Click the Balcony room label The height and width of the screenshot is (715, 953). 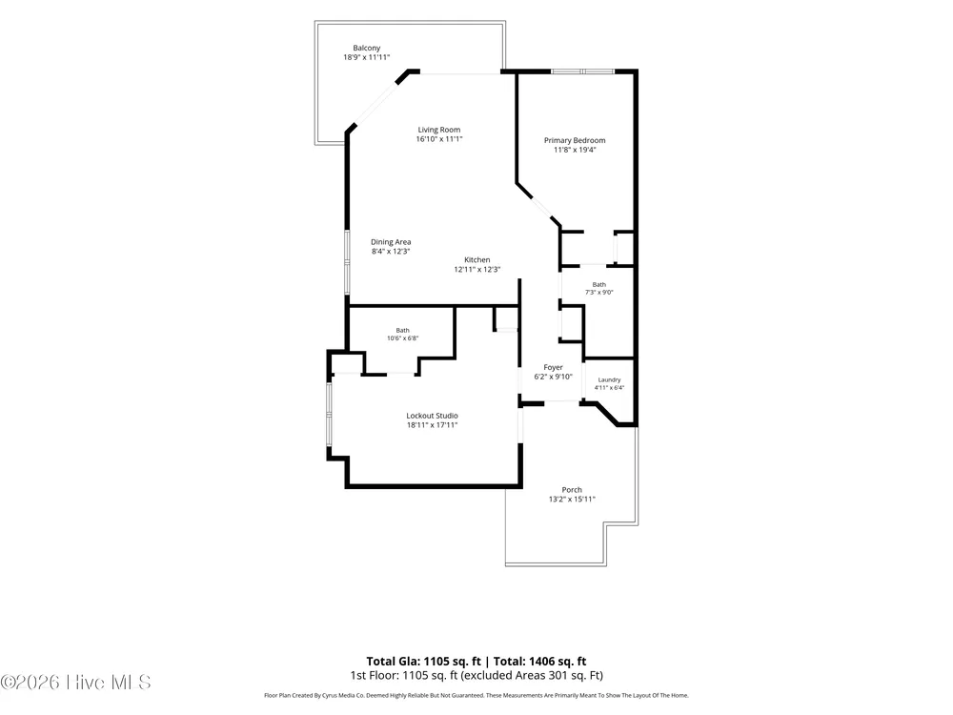[367, 48]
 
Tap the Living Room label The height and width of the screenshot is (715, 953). [438, 130]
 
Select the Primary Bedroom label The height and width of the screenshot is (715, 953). [575, 140]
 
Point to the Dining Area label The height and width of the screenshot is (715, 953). [391, 242]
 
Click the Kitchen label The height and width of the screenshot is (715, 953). [477, 259]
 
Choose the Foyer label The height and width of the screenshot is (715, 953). [553, 367]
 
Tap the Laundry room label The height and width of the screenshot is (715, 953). [609, 380]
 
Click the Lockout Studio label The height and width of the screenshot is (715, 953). [432, 416]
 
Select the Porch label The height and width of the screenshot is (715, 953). [572, 490]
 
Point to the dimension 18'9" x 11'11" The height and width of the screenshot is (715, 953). [367, 58]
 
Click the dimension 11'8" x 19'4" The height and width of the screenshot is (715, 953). [575, 150]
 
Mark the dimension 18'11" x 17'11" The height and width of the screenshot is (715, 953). [432, 425]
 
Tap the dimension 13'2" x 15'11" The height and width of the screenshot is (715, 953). [572, 500]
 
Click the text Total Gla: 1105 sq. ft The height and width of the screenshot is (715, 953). [423, 662]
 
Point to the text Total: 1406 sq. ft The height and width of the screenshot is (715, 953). [539, 662]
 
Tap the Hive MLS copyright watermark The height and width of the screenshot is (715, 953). [75, 683]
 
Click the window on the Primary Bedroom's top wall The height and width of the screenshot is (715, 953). [583, 71]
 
